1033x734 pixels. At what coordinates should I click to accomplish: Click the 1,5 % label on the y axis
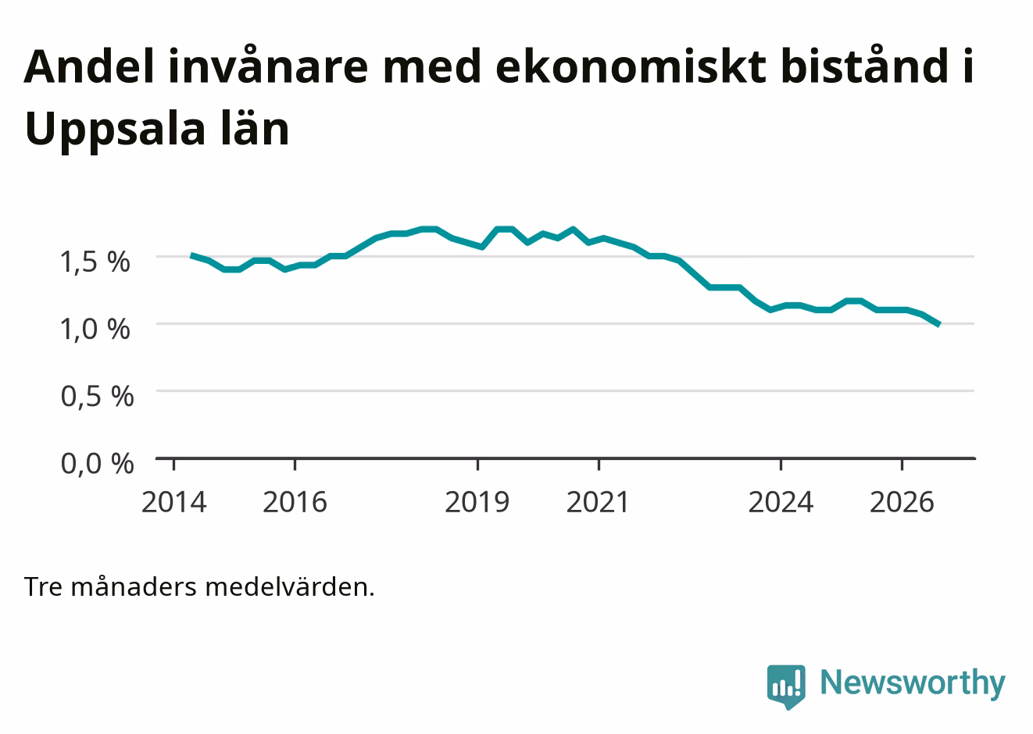coord(95,262)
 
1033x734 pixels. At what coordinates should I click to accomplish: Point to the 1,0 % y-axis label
coord(95,330)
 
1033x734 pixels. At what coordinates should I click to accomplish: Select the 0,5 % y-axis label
coord(98,396)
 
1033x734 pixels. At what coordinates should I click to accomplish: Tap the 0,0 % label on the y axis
coord(98,464)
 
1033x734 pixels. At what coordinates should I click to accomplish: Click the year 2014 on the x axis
coord(173,502)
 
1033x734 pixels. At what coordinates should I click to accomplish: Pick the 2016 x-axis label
coord(295,502)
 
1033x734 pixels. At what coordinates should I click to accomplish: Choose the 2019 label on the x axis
coord(477,502)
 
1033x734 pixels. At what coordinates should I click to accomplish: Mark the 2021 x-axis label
coord(598,502)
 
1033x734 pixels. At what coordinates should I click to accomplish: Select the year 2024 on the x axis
coord(781,502)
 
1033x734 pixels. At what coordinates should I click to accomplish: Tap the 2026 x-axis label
coord(902,502)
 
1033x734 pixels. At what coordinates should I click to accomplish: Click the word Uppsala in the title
coord(115,131)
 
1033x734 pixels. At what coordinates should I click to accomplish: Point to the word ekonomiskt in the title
coord(631,67)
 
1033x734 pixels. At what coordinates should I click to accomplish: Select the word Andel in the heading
coord(88,67)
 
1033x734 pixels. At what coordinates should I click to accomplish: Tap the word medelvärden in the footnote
coord(290,587)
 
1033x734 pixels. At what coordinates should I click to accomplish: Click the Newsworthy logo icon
coord(786,686)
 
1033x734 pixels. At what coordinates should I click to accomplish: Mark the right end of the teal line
coord(939,325)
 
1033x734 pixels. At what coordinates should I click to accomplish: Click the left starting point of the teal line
coord(191,255)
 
